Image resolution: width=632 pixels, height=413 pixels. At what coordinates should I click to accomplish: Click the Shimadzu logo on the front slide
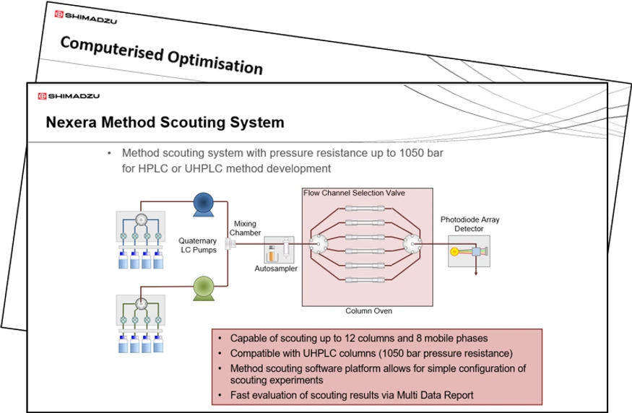(x=69, y=96)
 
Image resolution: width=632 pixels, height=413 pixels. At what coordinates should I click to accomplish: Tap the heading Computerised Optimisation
(x=161, y=55)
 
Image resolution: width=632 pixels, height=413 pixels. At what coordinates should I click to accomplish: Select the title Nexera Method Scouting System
(x=165, y=123)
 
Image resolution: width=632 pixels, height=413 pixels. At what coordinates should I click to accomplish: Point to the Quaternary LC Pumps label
(x=197, y=245)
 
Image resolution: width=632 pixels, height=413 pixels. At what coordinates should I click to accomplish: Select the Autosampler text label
(x=276, y=269)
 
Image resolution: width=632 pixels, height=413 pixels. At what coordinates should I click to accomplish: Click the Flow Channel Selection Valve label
(x=354, y=193)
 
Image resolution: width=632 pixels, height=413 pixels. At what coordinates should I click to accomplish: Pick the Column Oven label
(x=368, y=311)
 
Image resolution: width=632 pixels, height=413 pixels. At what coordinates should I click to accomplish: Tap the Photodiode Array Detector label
(x=470, y=224)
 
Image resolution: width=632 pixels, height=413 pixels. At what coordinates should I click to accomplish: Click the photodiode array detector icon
(x=469, y=252)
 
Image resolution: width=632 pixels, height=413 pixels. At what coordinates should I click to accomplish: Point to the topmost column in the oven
(x=365, y=207)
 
